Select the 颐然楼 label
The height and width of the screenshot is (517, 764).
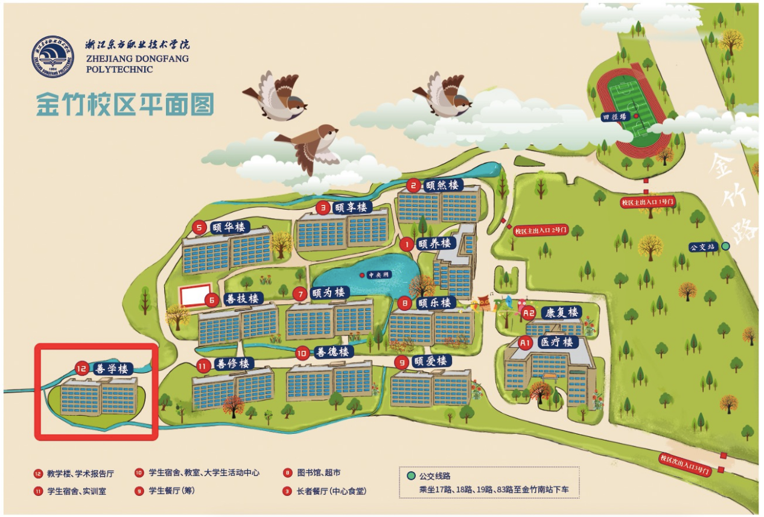(441, 184)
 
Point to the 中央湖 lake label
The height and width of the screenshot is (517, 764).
(380, 275)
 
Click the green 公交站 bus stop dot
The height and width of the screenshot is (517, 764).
(725, 246)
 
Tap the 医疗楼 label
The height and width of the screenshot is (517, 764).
(556, 342)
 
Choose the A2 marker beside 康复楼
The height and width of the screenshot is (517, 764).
(529, 313)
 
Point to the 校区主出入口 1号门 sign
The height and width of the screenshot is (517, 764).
(648, 202)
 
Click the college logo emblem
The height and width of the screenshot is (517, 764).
(53, 56)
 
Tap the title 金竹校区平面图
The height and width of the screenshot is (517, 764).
(125, 104)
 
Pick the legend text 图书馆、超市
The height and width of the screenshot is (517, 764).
(319, 472)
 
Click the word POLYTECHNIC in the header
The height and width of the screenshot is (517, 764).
(119, 69)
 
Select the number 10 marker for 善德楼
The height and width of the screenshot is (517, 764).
(304, 352)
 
